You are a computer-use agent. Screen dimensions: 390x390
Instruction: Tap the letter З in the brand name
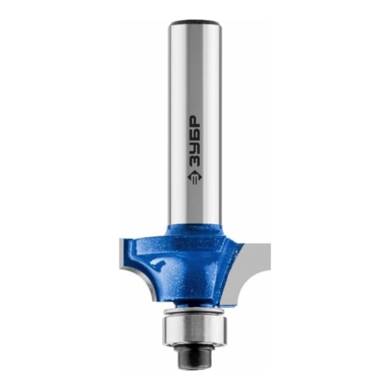(x=194, y=162)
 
